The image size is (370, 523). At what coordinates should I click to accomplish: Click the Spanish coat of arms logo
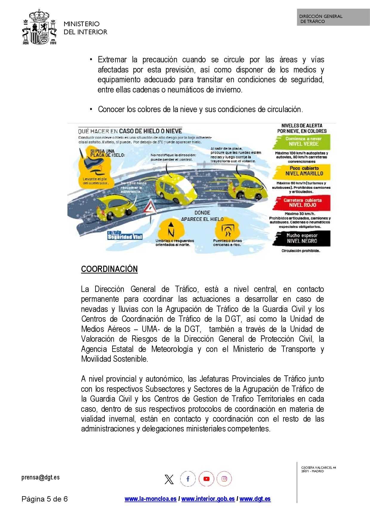(x=39, y=27)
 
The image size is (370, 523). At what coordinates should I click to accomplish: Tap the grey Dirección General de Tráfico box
(x=333, y=17)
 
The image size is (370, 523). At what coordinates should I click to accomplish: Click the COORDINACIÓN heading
(x=109, y=269)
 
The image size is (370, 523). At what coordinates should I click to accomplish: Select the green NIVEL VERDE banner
(x=302, y=142)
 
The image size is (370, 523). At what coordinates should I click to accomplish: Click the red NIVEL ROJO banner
(x=302, y=203)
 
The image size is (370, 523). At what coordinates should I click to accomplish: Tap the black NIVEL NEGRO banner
(x=302, y=238)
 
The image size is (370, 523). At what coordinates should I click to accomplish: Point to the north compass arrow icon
(x=171, y=229)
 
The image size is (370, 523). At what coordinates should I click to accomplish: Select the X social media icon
(x=169, y=479)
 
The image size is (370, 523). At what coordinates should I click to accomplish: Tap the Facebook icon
(x=188, y=479)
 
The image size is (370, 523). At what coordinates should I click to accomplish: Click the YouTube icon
(x=206, y=479)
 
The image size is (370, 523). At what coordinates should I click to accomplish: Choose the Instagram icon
(x=224, y=479)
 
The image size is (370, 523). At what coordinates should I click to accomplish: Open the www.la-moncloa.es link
(x=150, y=499)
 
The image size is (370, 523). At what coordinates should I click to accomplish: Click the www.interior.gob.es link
(x=208, y=499)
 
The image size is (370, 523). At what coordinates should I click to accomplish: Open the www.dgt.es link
(x=255, y=499)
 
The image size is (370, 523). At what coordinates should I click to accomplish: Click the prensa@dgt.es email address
(x=41, y=477)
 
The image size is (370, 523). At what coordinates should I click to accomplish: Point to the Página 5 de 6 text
(x=45, y=499)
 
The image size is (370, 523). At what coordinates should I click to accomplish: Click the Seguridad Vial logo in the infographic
(x=125, y=235)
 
